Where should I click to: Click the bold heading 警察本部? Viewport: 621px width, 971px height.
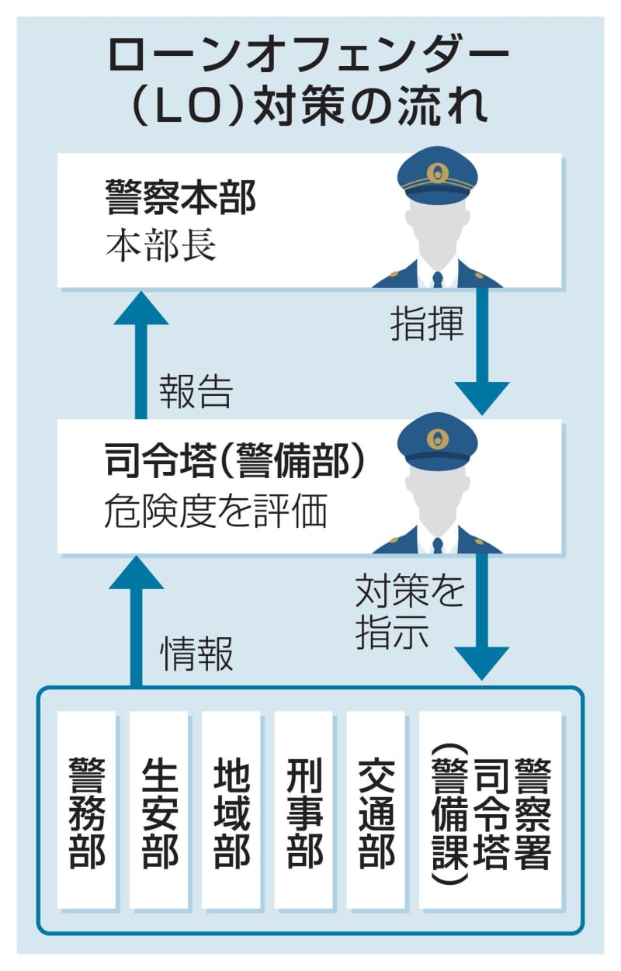180,198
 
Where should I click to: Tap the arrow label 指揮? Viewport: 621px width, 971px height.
426,327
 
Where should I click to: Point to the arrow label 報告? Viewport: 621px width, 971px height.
196,393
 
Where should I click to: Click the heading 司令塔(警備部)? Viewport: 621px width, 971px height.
233,463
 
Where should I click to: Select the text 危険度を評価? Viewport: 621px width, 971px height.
215,513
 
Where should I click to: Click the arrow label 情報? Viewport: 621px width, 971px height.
196,657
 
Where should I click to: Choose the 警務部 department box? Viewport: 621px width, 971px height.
87,811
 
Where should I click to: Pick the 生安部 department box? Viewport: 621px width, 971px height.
159,811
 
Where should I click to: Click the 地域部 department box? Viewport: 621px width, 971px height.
231,811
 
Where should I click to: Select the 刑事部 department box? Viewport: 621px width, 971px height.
304,811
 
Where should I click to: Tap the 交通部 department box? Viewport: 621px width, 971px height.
376,811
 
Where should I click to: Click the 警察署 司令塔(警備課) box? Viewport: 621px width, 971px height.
490,811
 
